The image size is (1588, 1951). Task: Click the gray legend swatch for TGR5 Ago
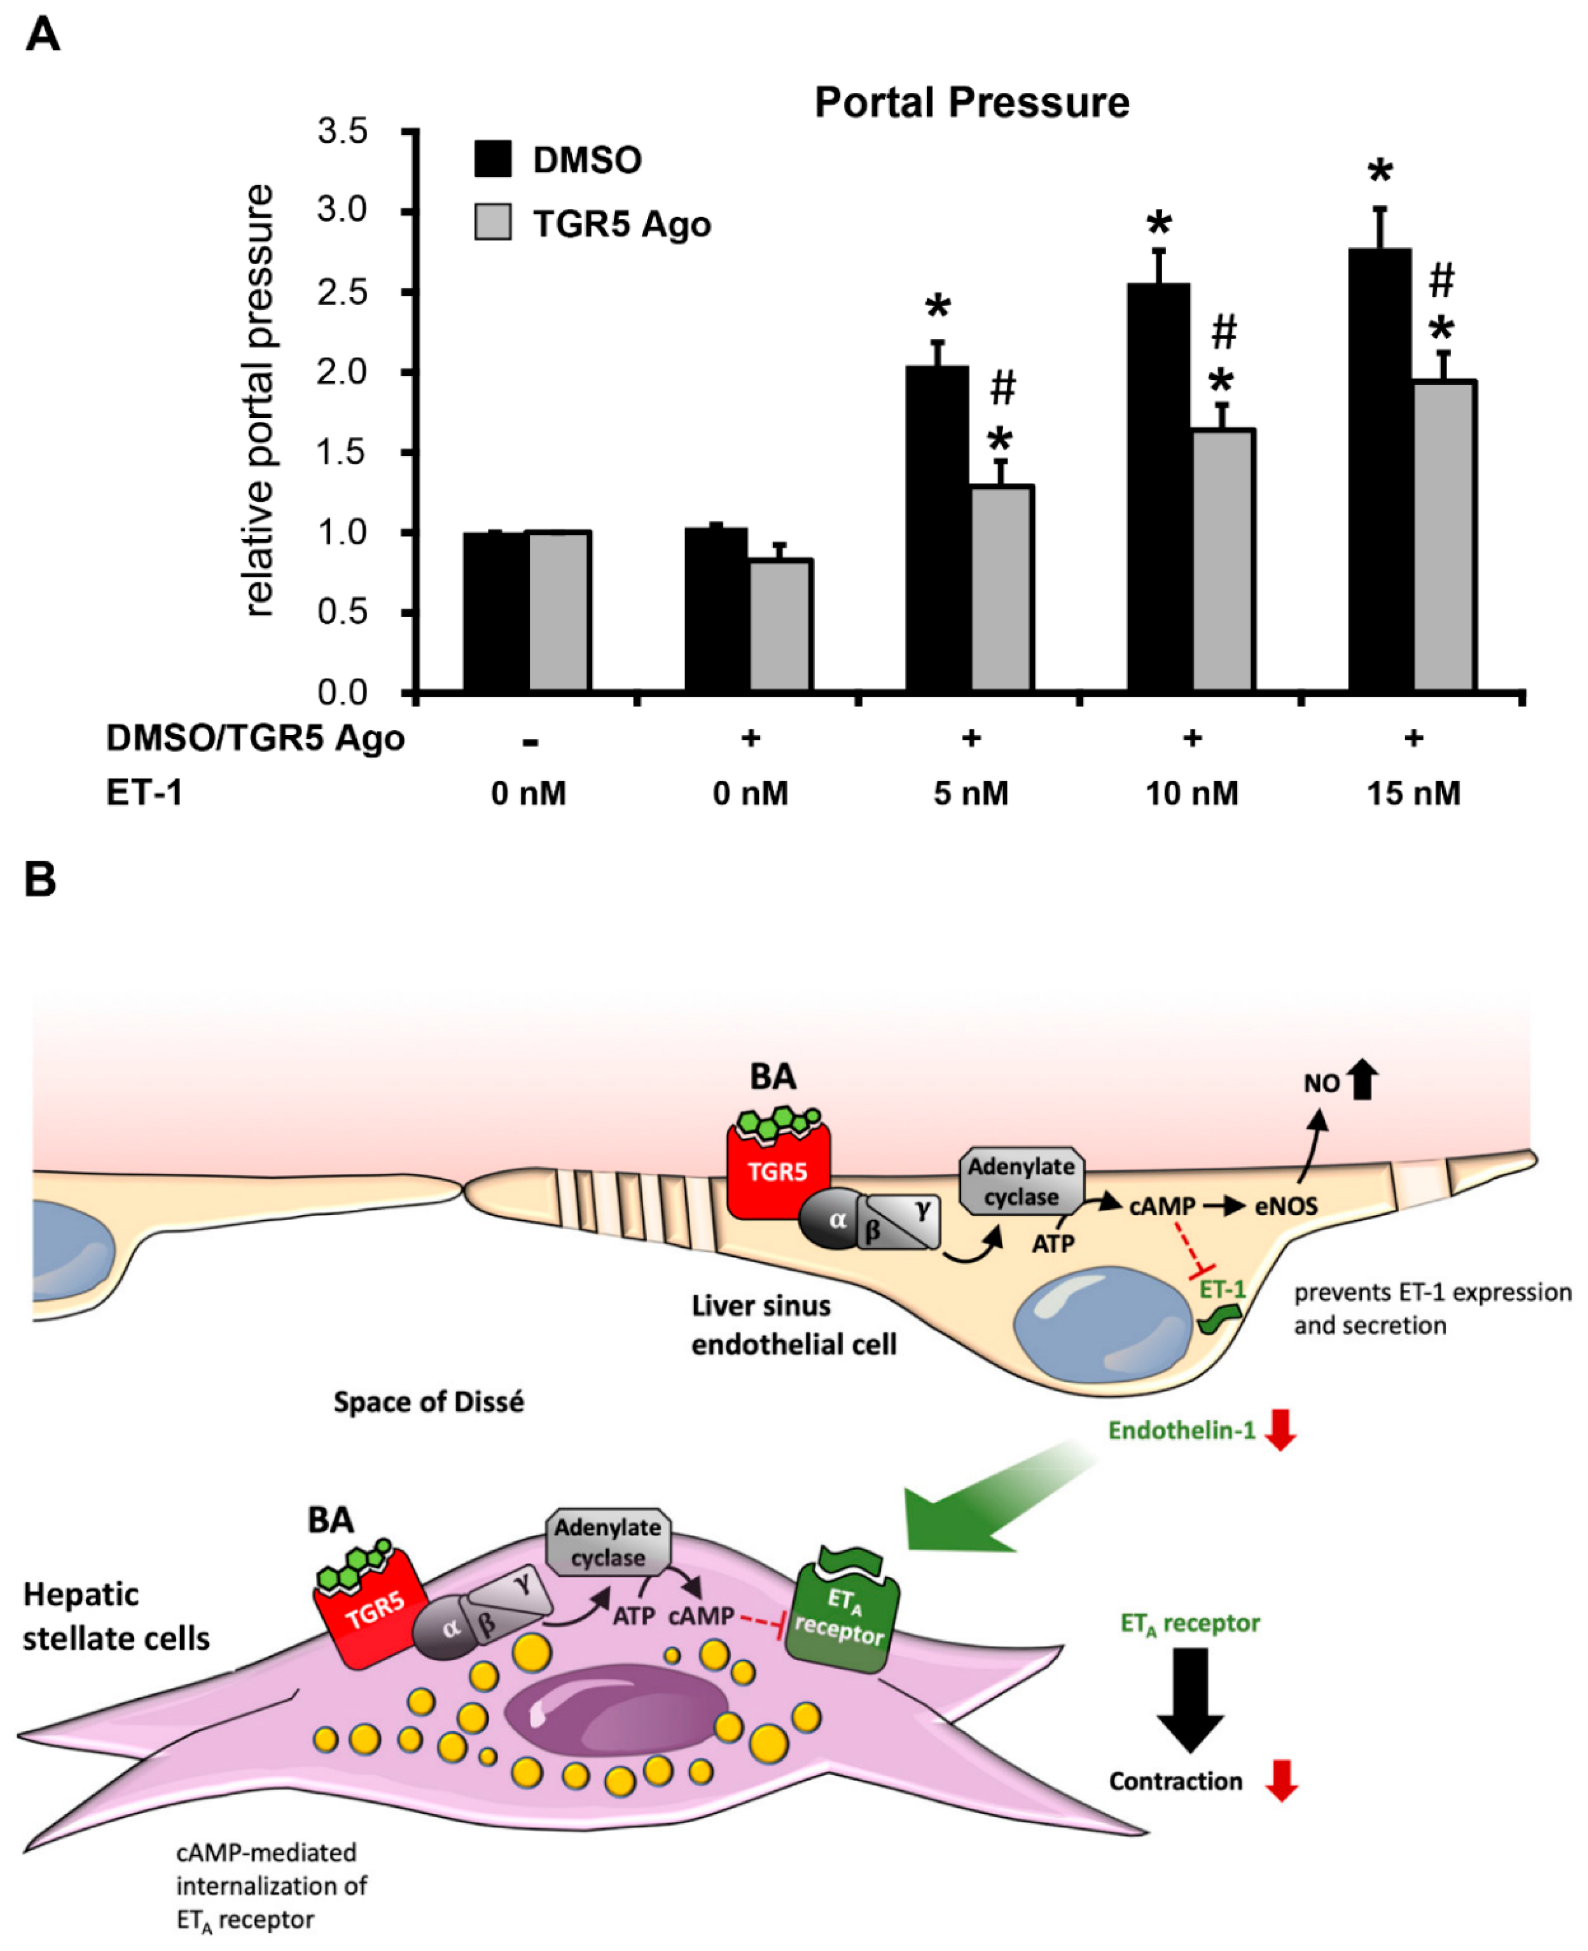pyautogui.click(x=493, y=223)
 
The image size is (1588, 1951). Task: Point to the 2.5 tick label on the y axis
pyautogui.click(x=342, y=292)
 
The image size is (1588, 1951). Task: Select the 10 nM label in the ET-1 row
pyautogui.click(x=1192, y=793)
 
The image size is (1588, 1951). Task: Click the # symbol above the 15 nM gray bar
pyautogui.click(x=1442, y=280)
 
